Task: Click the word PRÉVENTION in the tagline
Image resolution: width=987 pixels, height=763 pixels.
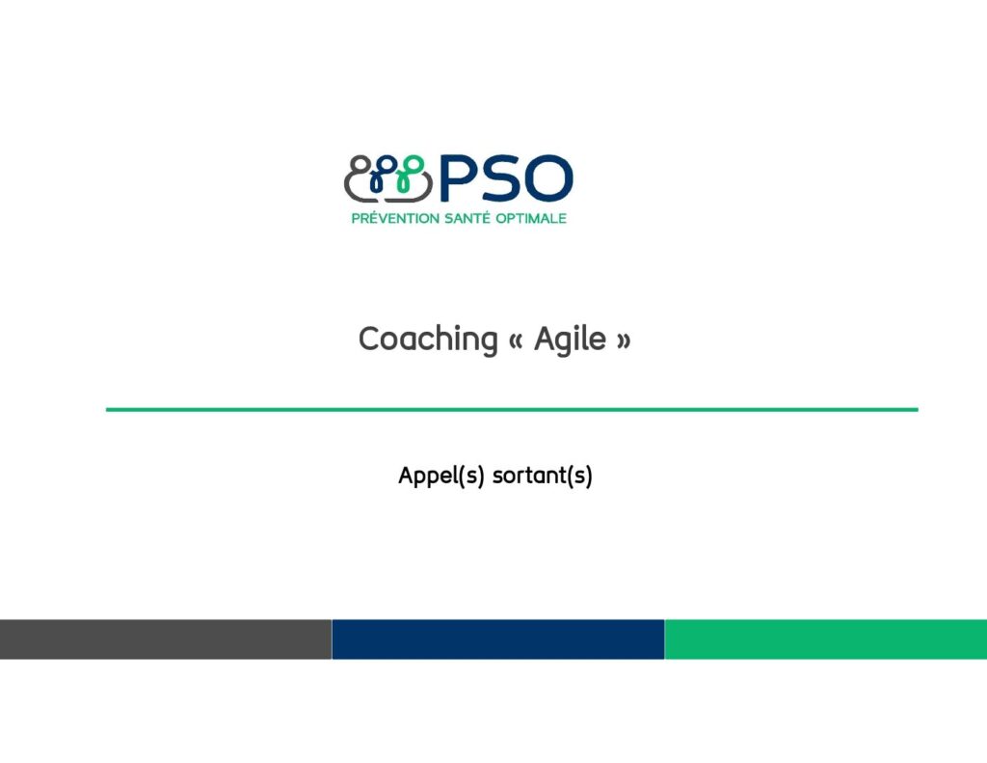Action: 395,218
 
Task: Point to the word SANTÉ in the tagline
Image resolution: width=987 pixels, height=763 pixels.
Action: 467,218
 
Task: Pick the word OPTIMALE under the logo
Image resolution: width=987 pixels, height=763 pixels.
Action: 531,218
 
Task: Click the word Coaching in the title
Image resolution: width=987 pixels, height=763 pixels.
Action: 428,340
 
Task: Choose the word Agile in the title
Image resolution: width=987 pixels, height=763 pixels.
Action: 570,340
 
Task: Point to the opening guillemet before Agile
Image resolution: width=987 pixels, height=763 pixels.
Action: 516,341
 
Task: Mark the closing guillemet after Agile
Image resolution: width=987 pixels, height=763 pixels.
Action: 624,341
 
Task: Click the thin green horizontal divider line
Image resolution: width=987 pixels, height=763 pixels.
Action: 512,410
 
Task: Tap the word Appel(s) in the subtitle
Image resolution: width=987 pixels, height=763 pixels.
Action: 441,476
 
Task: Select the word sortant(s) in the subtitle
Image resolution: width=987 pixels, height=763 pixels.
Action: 542,476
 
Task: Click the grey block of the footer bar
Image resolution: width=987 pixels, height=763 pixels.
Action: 166,639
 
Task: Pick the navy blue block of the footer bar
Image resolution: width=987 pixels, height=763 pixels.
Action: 498,639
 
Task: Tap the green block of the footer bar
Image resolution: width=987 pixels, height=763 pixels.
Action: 826,639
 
